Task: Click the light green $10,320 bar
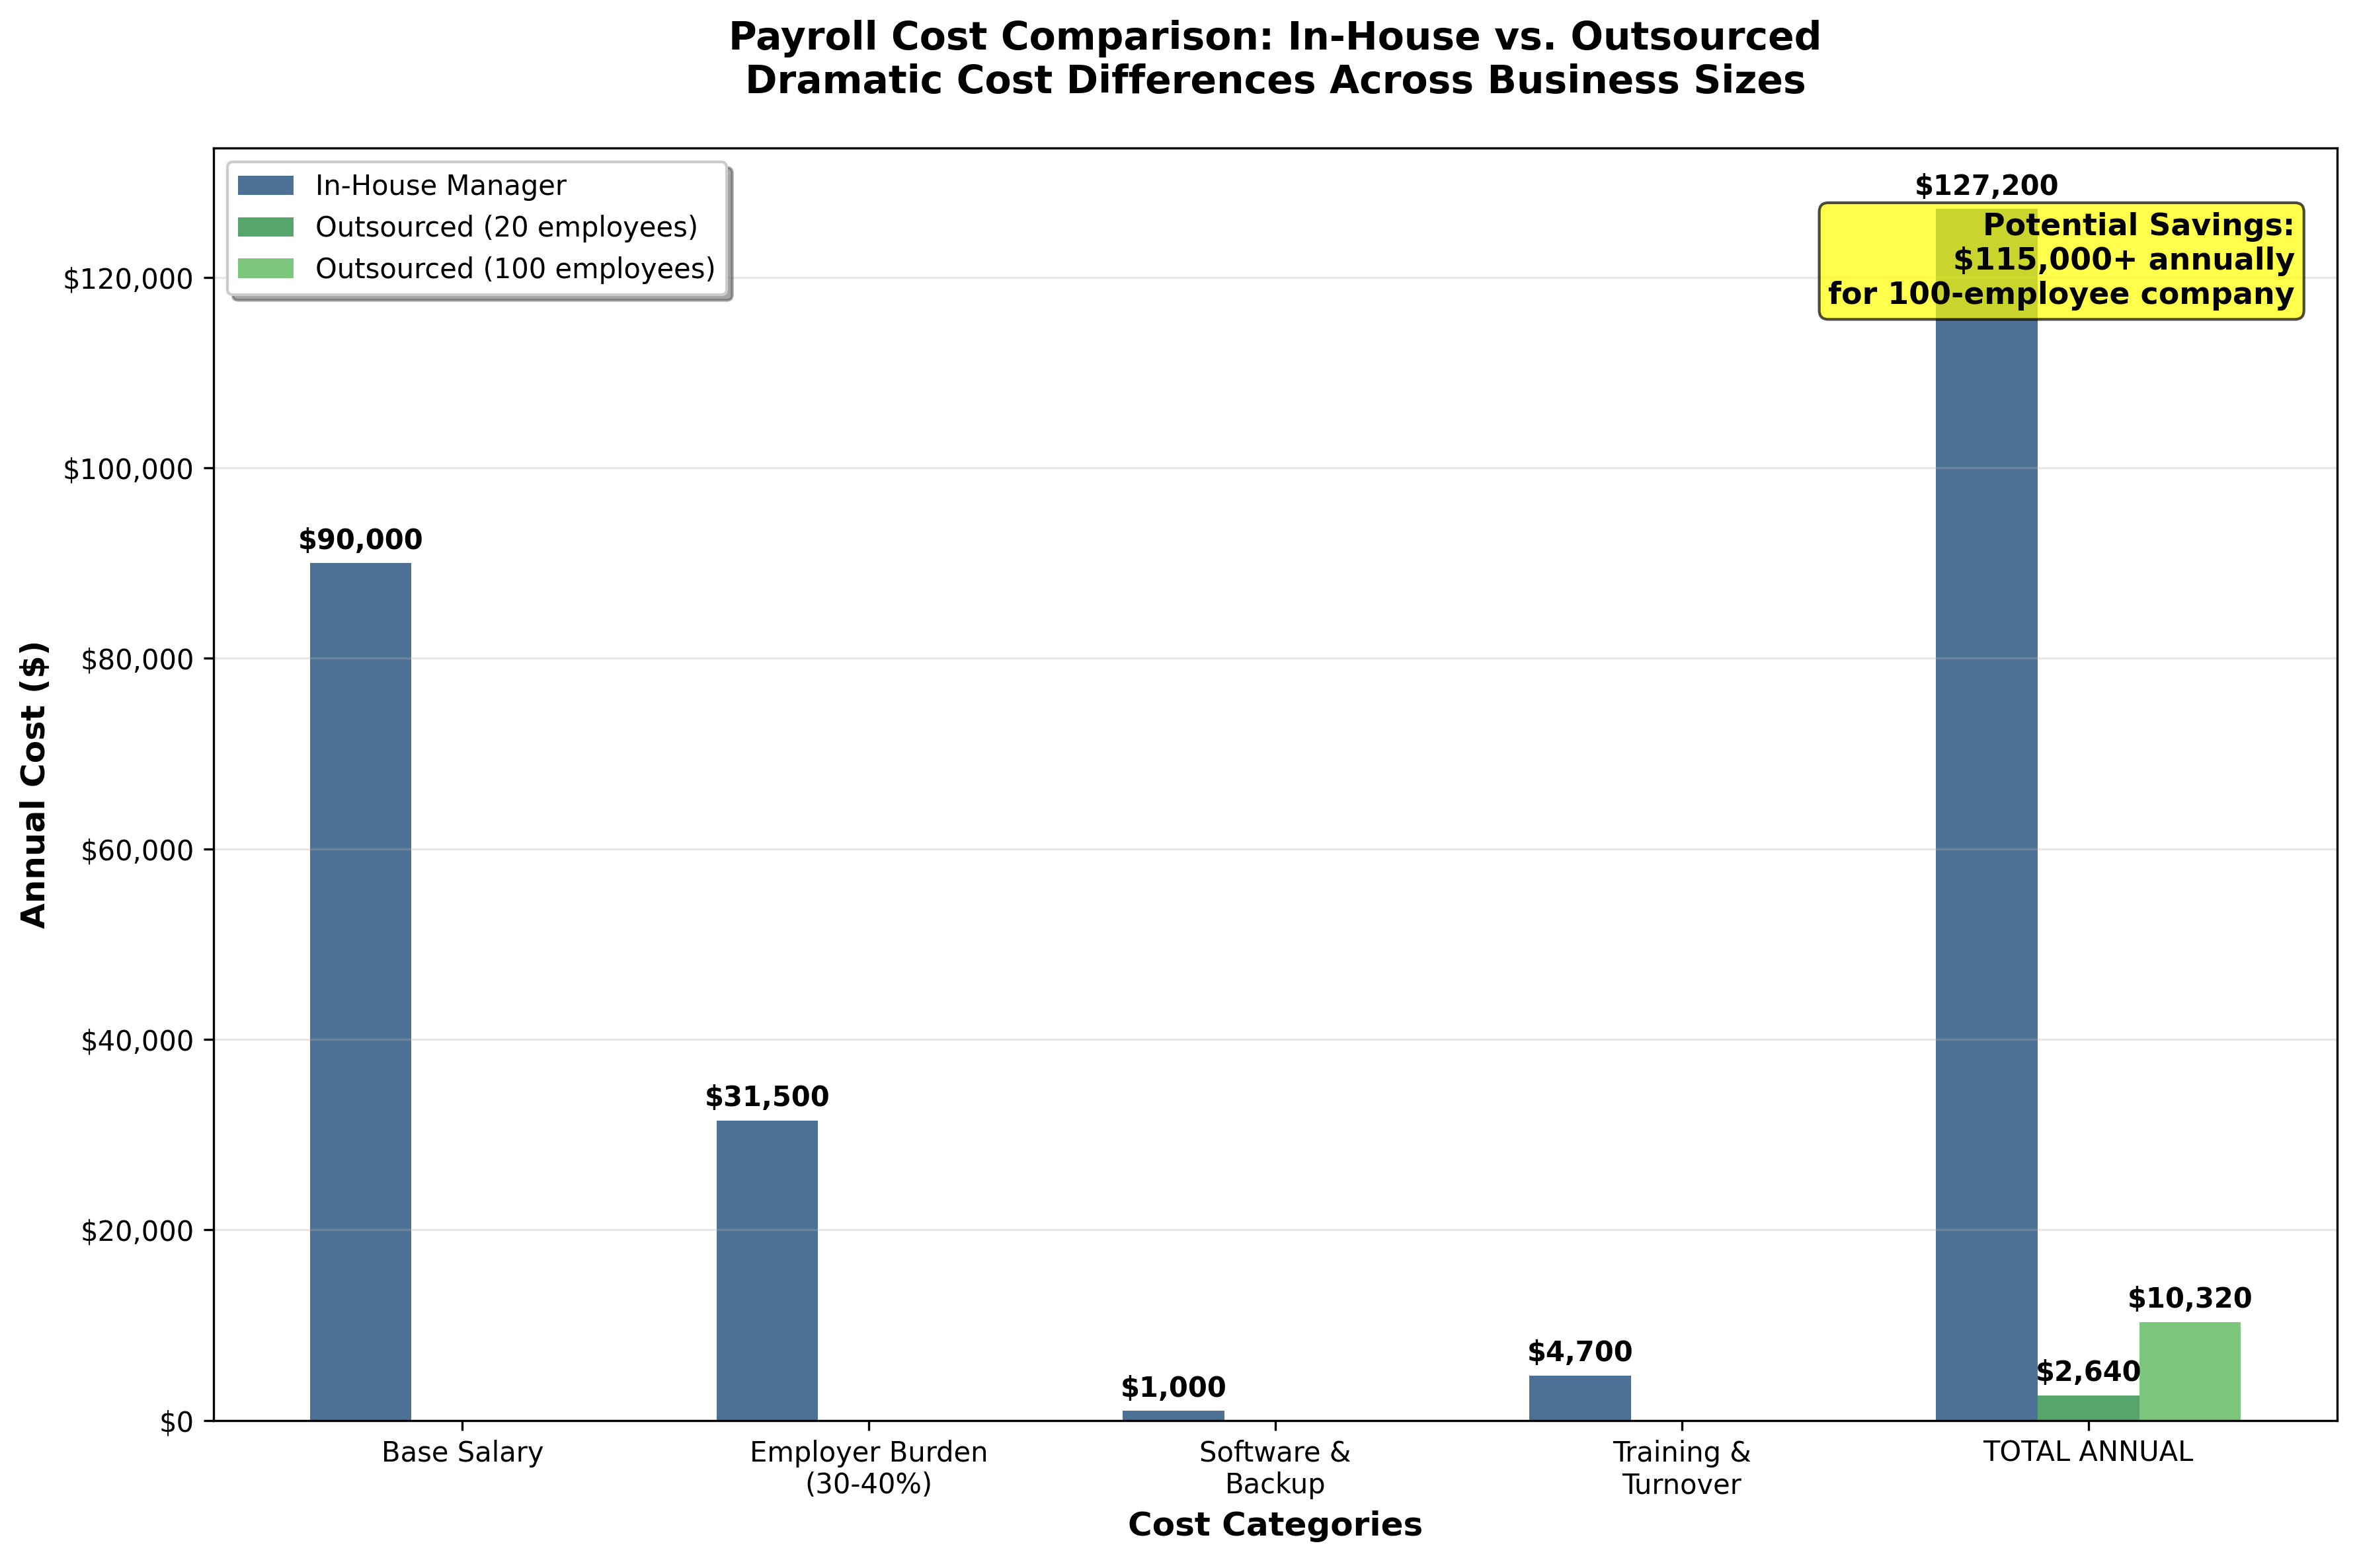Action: [x=2190, y=1371]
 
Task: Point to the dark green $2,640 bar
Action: [x=2088, y=1407]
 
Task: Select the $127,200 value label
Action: [x=1985, y=186]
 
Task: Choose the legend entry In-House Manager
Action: [x=440, y=186]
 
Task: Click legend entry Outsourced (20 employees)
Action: [x=505, y=227]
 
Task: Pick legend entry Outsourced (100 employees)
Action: [x=514, y=269]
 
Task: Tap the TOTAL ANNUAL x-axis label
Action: [x=2088, y=1452]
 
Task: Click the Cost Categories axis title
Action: [x=1275, y=1524]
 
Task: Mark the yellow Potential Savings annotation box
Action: [x=2061, y=261]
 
